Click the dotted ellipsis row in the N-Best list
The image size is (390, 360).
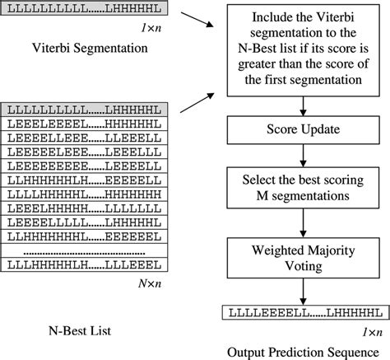point(82,250)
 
